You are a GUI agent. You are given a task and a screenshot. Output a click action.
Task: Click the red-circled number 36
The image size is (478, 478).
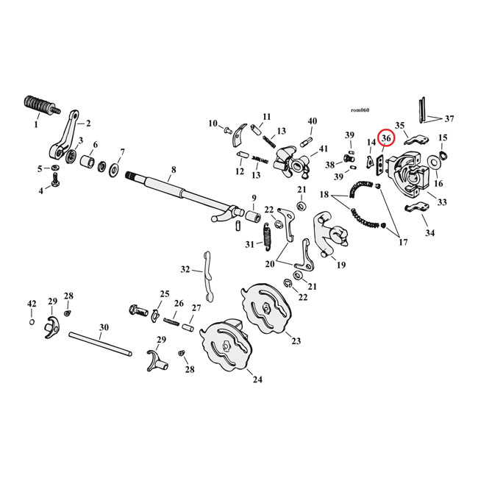386,138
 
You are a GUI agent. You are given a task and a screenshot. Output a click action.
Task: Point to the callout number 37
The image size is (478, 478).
449,118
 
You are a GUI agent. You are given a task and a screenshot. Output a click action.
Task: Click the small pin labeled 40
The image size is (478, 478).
310,140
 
